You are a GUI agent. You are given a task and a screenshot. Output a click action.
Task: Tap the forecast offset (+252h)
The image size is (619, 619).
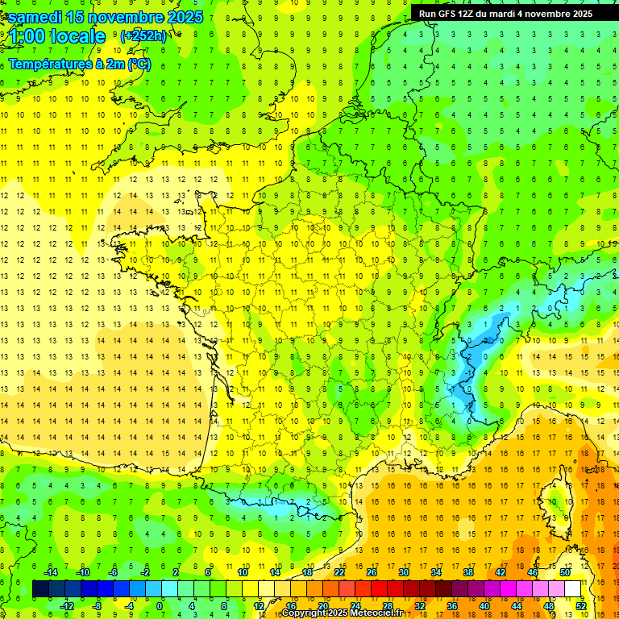pos(143,35)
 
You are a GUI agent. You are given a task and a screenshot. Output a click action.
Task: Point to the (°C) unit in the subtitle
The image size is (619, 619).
pos(139,64)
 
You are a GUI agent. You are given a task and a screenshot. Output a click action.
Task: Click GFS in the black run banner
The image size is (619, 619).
pos(450,13)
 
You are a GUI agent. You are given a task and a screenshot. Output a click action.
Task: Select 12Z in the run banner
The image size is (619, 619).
pos(472,13)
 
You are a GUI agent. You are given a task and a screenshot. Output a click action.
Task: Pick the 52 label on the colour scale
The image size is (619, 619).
pos(581,606)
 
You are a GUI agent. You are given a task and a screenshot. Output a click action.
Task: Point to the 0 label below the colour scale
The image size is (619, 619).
pos(160,606)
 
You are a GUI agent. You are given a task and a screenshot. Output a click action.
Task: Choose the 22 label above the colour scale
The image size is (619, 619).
pos(339,571)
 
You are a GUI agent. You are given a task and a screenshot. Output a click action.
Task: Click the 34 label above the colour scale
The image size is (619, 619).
pos(436,571)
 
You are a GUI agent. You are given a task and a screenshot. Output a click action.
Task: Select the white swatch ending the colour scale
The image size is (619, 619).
pos(573,589)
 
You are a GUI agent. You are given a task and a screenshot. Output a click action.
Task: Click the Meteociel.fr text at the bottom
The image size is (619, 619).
pos(377,613)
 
